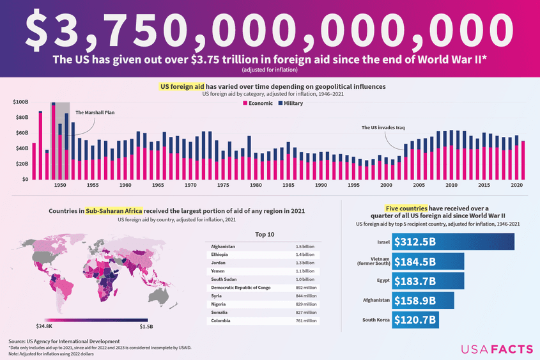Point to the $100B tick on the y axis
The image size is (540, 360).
20,102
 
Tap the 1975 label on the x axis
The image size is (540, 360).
223,185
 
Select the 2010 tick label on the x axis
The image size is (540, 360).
451,185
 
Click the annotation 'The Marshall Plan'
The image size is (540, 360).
95,113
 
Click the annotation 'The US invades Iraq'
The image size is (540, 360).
383,128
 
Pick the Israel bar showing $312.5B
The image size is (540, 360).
452,242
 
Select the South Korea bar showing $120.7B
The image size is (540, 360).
415,320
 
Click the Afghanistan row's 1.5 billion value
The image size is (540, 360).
304,247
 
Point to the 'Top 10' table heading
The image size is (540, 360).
264,234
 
